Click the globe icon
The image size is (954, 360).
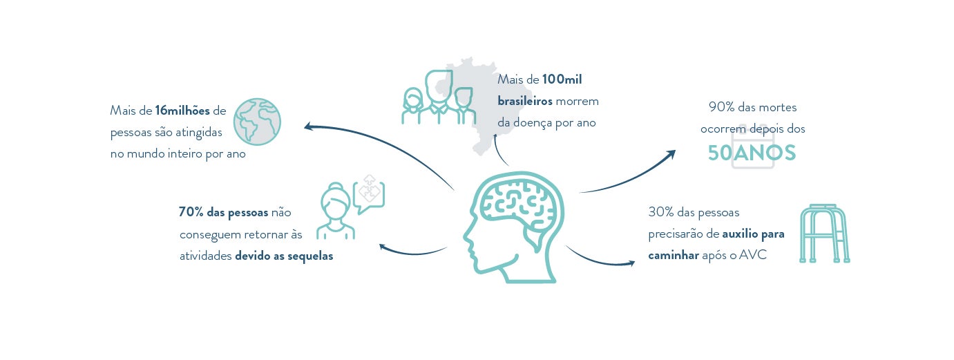(258, 122)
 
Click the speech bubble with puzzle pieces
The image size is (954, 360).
(368, 191)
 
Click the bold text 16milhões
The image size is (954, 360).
(182, 111)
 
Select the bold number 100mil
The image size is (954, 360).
(562, 80)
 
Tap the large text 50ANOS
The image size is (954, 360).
(752, 153)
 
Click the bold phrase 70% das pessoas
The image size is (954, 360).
(223, 212)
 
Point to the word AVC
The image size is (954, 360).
(753, 255)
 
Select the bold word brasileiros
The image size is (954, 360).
(525, 101)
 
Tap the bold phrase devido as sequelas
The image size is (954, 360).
(284, 256)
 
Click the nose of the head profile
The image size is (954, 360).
(466, 243)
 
